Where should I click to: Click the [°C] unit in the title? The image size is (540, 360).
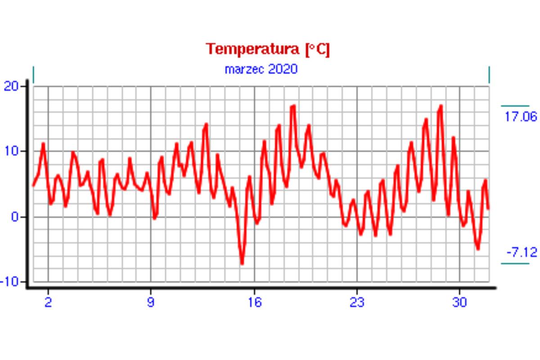pos(317,49)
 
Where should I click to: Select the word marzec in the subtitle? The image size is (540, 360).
pos(244,69)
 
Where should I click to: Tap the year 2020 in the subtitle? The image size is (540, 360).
pos(283,69)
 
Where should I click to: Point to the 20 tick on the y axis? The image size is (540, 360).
pos(12,86)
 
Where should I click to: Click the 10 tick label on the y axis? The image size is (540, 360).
pos(12,151)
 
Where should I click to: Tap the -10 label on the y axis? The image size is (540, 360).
pos(10,282)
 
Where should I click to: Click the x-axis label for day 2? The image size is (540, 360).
pos(48,302)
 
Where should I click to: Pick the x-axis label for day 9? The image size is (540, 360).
pos(150,302)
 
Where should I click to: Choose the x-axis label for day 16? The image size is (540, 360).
pos(254,302)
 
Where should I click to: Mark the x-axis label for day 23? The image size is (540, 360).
pos(357,302)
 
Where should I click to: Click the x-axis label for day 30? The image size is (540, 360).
pos(459,302)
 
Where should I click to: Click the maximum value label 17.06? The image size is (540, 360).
pos(521,117)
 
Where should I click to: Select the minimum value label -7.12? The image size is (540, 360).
pos(522,252)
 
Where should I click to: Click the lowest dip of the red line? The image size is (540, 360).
pos(242,263)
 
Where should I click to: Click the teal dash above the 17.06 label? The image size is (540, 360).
pos(515,106)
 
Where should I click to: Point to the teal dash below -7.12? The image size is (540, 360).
pos(515,263)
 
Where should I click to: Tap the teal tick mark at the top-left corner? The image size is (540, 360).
pos(33,74)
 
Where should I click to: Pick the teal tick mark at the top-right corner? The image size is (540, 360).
pos(489,74)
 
